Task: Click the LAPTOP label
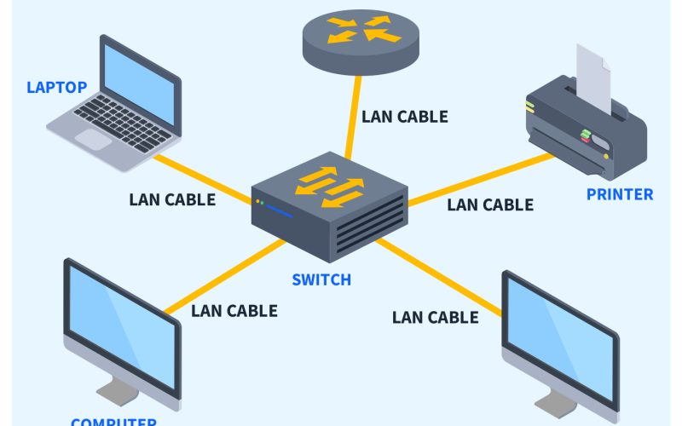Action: coord(57,88)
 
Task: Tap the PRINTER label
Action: coord(620,194)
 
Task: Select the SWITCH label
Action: coord(321,279)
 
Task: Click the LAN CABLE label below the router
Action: coord(405,117)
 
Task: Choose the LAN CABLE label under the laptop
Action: coord(172,200)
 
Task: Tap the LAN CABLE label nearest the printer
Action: coord(490,204)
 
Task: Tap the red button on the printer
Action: coord(586,134)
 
